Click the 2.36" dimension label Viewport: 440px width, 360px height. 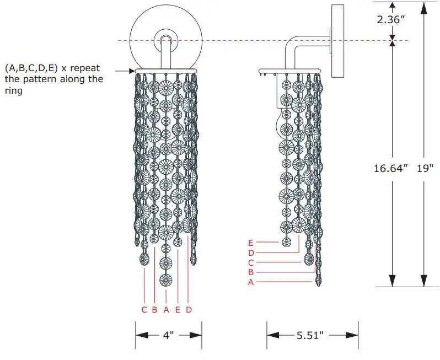(x=391, y=20)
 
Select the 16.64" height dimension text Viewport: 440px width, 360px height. (x=390, y=168)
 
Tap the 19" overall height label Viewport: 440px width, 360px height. (x=425, y=168)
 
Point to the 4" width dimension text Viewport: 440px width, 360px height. (x=168, y=335)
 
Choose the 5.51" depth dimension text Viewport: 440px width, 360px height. (x=310, y=335)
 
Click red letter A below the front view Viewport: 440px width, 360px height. (x=166, y=310)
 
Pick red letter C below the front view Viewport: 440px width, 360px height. (x=144, y=310)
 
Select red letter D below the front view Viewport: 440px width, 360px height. (x=189, y=310)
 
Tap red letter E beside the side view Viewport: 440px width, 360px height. (x=250, y=243)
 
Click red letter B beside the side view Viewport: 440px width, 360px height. (x=251, y=272)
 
